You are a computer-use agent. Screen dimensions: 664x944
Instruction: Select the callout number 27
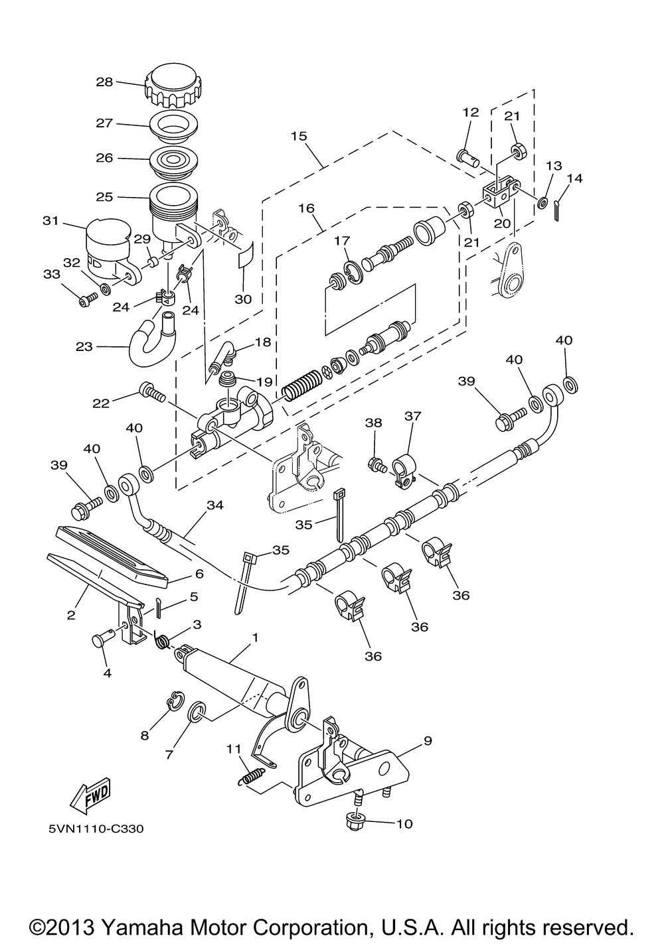[x=104, y=123]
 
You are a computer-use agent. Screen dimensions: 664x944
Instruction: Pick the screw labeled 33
[x=88, y=299]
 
